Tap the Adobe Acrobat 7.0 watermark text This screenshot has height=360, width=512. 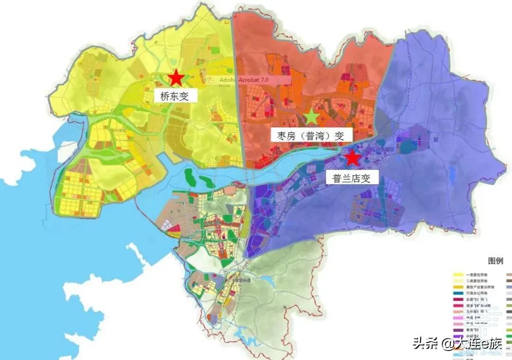coord(244,80)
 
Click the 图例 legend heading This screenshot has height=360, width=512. coord(495,261)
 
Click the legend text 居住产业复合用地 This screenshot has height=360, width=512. coord(480,287)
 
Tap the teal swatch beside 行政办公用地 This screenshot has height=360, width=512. coord(457,294)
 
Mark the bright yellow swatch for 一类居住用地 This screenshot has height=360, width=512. coord(457,274)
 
